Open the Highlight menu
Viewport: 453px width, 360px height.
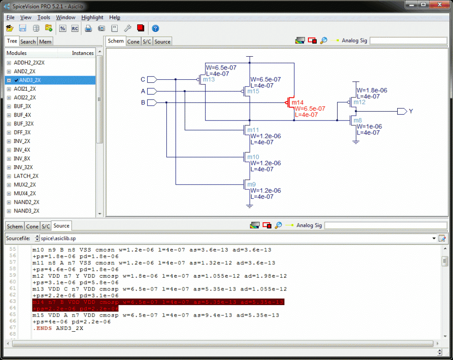tap(92, 17)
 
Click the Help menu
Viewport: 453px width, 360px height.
tap(115, 17)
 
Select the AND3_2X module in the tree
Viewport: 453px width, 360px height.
tap(30, 80)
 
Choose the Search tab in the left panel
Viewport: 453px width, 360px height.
tap(28, 42)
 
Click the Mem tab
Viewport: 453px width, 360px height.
tap(45, 42)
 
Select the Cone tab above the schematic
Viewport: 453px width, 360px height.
tap(133, 42)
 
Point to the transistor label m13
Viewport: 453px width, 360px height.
tap(208, 80)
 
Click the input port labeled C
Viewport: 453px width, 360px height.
tap(151, 80)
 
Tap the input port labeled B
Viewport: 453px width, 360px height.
tap(151, 103)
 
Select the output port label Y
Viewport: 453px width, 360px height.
tap(411, 112)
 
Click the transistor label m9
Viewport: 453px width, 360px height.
tap(251, 185)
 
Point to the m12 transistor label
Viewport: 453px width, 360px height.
tap(359, 102)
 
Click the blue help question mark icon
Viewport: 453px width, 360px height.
tap(155, 28)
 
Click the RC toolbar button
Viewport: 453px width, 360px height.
tap(75, 28)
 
